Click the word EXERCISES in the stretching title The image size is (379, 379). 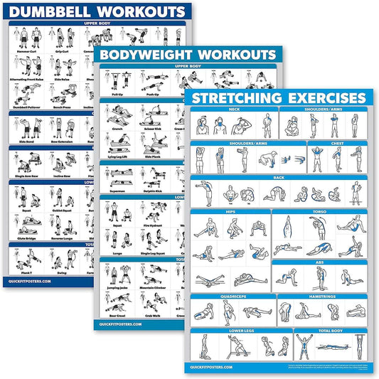click(323, 97)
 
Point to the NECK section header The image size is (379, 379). click(234, 110)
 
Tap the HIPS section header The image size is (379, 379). click(229, 212)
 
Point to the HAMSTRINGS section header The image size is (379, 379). click(324, 297)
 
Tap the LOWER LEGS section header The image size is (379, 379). click(240, 330)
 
